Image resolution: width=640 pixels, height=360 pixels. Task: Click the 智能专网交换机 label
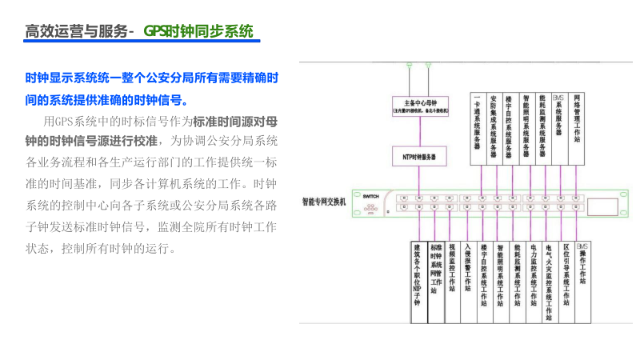click(x=323, y=202)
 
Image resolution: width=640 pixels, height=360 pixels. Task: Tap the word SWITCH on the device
click(x=370, y=196)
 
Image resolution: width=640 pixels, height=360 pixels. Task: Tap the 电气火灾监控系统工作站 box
click(x=550, y=280)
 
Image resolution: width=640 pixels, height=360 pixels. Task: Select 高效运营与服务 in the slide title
click(x=76, y=32)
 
